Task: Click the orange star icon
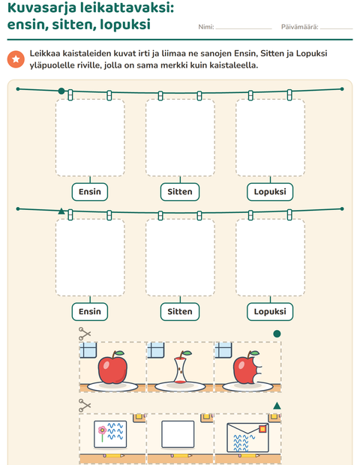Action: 16,59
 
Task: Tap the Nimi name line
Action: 244,28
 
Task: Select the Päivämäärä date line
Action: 336,28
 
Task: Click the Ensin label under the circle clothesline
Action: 90,192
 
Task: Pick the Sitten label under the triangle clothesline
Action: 180,312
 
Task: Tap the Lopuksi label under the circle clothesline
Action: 270,192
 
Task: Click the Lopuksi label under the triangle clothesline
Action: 270,312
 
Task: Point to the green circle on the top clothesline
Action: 61,91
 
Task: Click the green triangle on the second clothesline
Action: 61,211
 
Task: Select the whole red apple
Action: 112,367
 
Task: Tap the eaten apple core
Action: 180,367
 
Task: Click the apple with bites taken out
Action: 247,367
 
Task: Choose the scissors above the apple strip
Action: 85,334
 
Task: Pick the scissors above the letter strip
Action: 85,406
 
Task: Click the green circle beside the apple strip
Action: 277,334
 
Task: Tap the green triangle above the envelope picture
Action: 277,406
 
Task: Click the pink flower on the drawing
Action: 102,430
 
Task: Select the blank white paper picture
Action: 178,434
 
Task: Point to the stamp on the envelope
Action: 262,429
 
